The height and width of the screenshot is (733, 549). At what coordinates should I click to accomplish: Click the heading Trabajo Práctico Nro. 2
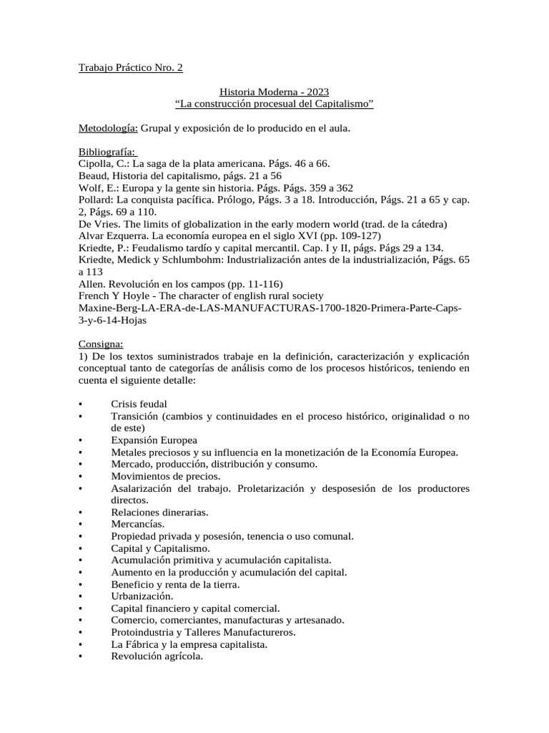point(130,68)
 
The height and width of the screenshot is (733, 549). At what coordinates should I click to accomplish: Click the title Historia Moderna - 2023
point(274,92)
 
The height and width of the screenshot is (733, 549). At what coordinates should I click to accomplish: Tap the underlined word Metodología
point(107,128)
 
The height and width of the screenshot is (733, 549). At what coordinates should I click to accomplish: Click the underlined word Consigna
point(100,344)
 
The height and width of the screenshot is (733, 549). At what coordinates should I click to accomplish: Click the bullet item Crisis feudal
point(139,404)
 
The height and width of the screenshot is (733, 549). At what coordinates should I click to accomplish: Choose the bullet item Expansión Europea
point(154,440)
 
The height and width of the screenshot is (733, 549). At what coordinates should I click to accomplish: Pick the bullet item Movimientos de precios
point(166,476)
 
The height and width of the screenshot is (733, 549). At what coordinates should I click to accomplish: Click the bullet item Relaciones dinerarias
point(159,512)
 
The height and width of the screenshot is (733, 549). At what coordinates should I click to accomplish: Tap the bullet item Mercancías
point(138,524)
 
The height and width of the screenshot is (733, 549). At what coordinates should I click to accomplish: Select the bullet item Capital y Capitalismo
point(160,548)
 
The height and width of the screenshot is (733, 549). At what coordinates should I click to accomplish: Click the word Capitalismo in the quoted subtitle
point(340,105)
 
